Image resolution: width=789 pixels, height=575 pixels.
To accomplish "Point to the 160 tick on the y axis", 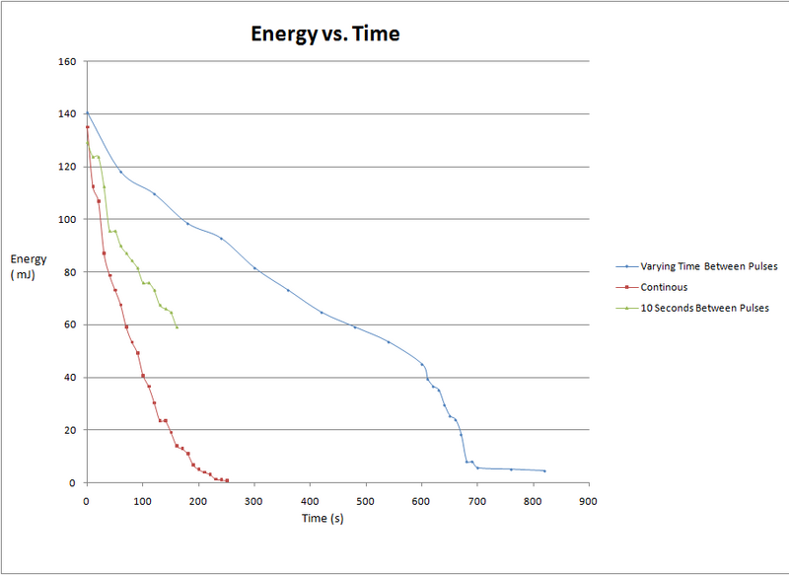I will tap(67, 61).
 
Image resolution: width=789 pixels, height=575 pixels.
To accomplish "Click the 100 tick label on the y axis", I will tap(67, 219).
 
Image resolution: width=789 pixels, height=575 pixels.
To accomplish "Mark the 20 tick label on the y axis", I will tap(70, 430).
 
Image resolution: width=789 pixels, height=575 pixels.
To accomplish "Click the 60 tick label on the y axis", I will tap(70, 324).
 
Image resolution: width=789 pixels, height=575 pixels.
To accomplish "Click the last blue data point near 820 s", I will tap(544, 470).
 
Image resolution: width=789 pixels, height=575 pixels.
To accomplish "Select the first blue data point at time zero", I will tap(87, 112).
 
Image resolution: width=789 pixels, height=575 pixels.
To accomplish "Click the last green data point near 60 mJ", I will tap(177, 326).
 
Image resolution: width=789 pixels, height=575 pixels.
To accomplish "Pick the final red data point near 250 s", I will tap(227, 480).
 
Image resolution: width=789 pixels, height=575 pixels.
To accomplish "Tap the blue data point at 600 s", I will tap(422, 365).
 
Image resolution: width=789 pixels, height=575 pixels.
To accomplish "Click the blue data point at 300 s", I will tap(254, 268).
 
